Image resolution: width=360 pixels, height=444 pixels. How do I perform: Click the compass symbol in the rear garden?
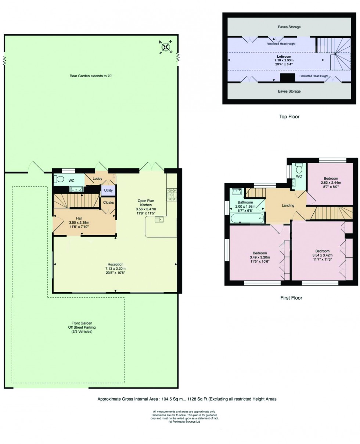coord(166,47)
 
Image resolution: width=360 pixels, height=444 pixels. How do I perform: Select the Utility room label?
coord(108,191)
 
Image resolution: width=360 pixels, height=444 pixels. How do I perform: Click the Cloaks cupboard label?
coord(108,203)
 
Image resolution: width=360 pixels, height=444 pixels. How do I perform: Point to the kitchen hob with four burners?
coord(172,195)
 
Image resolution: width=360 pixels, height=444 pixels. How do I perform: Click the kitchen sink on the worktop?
coord(159,219)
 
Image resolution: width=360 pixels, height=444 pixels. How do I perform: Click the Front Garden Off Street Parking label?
coord(82,327)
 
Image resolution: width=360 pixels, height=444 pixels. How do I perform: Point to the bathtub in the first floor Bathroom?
coord(247,219)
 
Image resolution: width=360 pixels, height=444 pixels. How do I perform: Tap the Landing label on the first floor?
coord(288,205)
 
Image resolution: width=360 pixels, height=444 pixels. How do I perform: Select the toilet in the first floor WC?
coord(299,169)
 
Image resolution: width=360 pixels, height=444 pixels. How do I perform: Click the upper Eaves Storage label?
coord(289,27)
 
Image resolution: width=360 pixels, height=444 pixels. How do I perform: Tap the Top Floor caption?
coord(289,117)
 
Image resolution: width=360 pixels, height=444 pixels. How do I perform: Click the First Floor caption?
coord(291,298)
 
